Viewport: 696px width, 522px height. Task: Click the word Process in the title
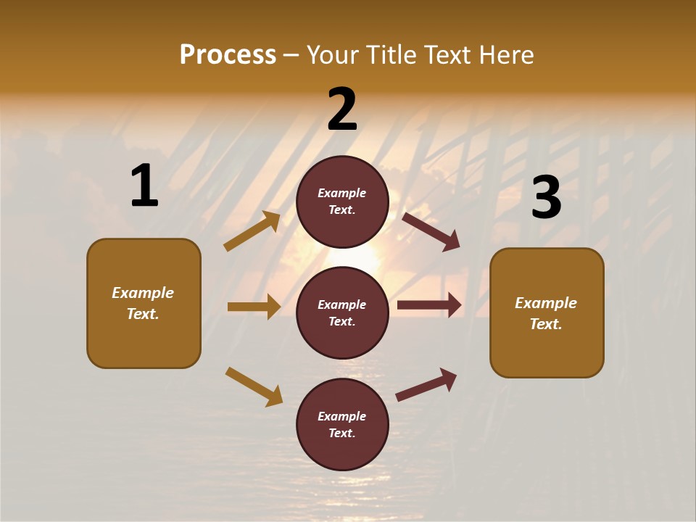coord(228,54)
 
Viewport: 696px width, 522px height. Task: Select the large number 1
coord(144,186)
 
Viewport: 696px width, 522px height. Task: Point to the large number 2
coord(342,109)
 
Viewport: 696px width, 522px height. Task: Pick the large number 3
coord(547,197)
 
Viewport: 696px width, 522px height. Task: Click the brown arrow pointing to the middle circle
coord(254,307)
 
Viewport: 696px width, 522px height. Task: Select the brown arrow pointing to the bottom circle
coord(254,386)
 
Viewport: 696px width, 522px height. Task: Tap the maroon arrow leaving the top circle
coord(431,231)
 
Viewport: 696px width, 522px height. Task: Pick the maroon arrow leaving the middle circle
coord(429,305)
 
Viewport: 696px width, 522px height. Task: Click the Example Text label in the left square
coord(143,303)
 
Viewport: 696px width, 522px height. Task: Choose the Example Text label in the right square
coord(546,313)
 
